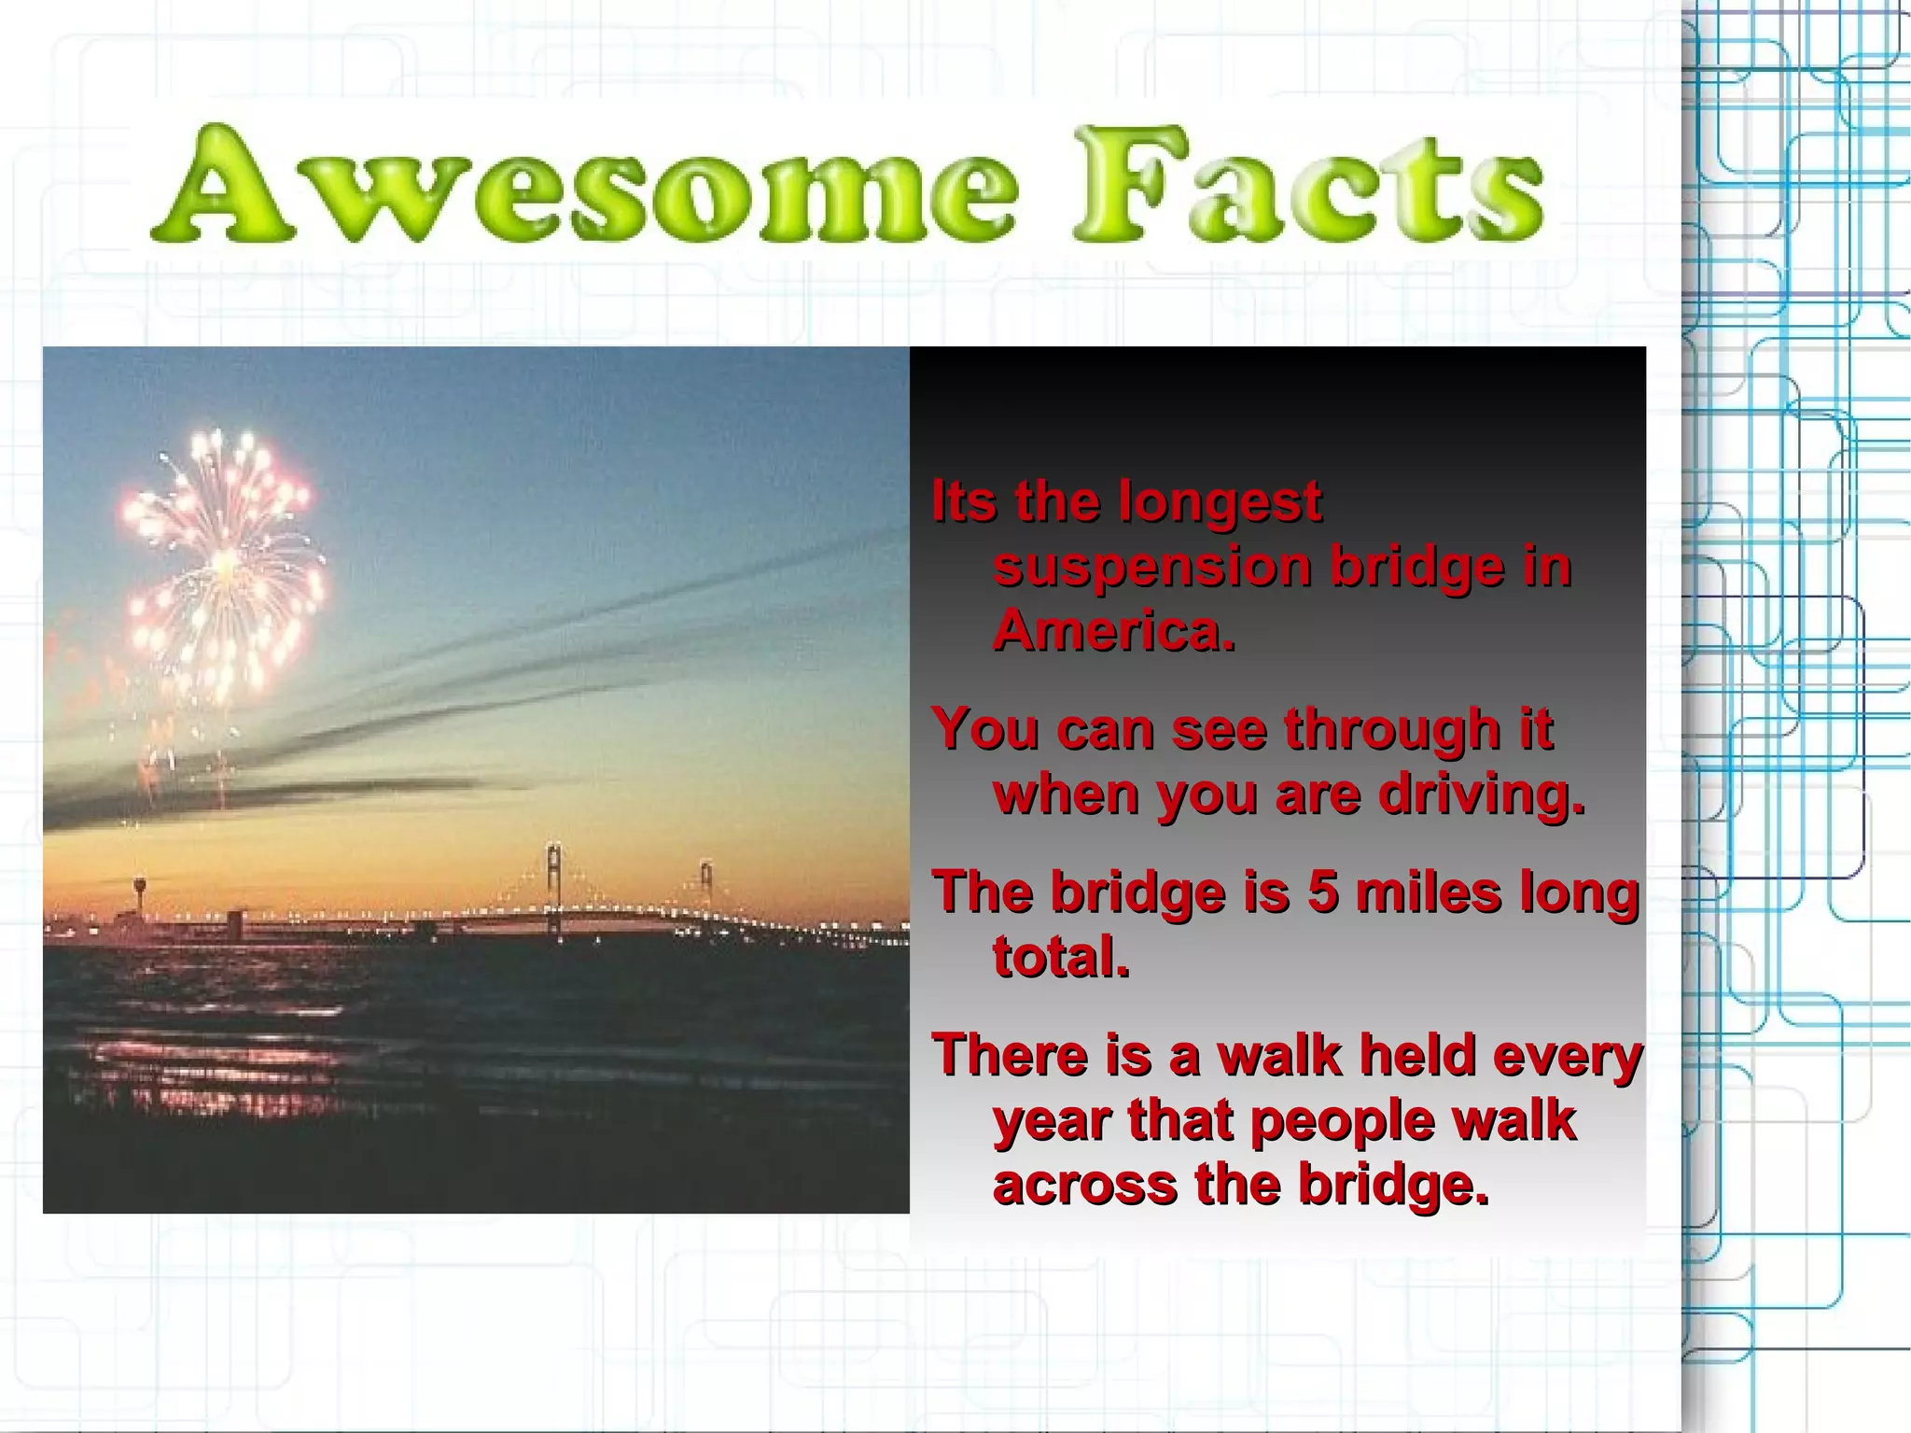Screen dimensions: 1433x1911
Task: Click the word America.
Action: (1113, 631)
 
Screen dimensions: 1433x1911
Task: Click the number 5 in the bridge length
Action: (1322, 892)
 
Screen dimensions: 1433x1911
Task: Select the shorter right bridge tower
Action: (706, 882)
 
